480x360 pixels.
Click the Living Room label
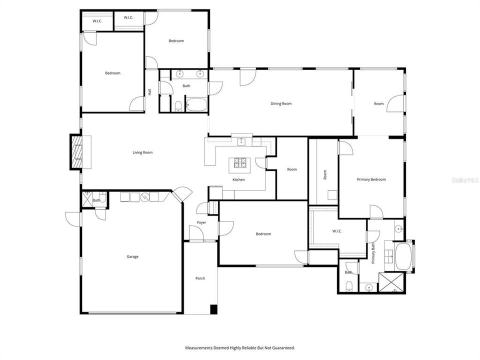point(142,152)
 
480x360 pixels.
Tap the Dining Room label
point(281,104)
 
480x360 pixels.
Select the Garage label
point(132,257)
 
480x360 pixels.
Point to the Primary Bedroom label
point(371,179)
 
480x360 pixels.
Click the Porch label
point(200,278)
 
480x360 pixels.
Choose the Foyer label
point(201,222)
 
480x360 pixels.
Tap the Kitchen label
point(238,179)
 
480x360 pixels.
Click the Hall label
point(149,91)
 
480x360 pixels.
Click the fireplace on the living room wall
point(77,152)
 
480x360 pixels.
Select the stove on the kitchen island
point(239,163)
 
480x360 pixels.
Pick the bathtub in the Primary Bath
point(403,256)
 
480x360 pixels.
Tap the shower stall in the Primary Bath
point(392,282)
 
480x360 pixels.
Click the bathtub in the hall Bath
point(196,104)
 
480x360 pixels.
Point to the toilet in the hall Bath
point(178,106)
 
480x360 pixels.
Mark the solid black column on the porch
point(213,309)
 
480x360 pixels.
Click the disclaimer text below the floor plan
point(240,348)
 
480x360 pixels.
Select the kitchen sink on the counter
point(241,141)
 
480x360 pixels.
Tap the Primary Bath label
point(373,253)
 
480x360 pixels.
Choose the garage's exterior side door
point(73,219)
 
